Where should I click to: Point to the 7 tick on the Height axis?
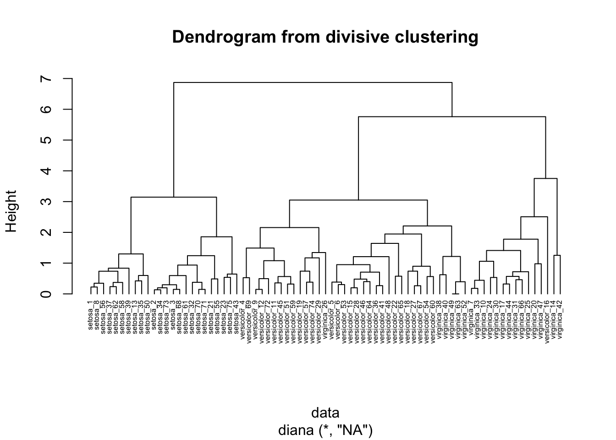[x=46, y=79]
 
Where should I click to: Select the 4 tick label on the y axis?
[x=46, y=171]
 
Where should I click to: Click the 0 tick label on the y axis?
[x=46, y=294]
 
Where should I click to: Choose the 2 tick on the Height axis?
[x=46, y=232]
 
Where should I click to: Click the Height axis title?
[x=11, y=211]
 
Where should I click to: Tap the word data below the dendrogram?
[x=325, y=413]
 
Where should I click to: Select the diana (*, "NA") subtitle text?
[x=325, y=431]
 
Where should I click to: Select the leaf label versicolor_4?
[x=243, y=319]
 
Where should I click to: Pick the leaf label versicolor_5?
[x=331, y=319]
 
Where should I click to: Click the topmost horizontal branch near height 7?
[x=313, y=82]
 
